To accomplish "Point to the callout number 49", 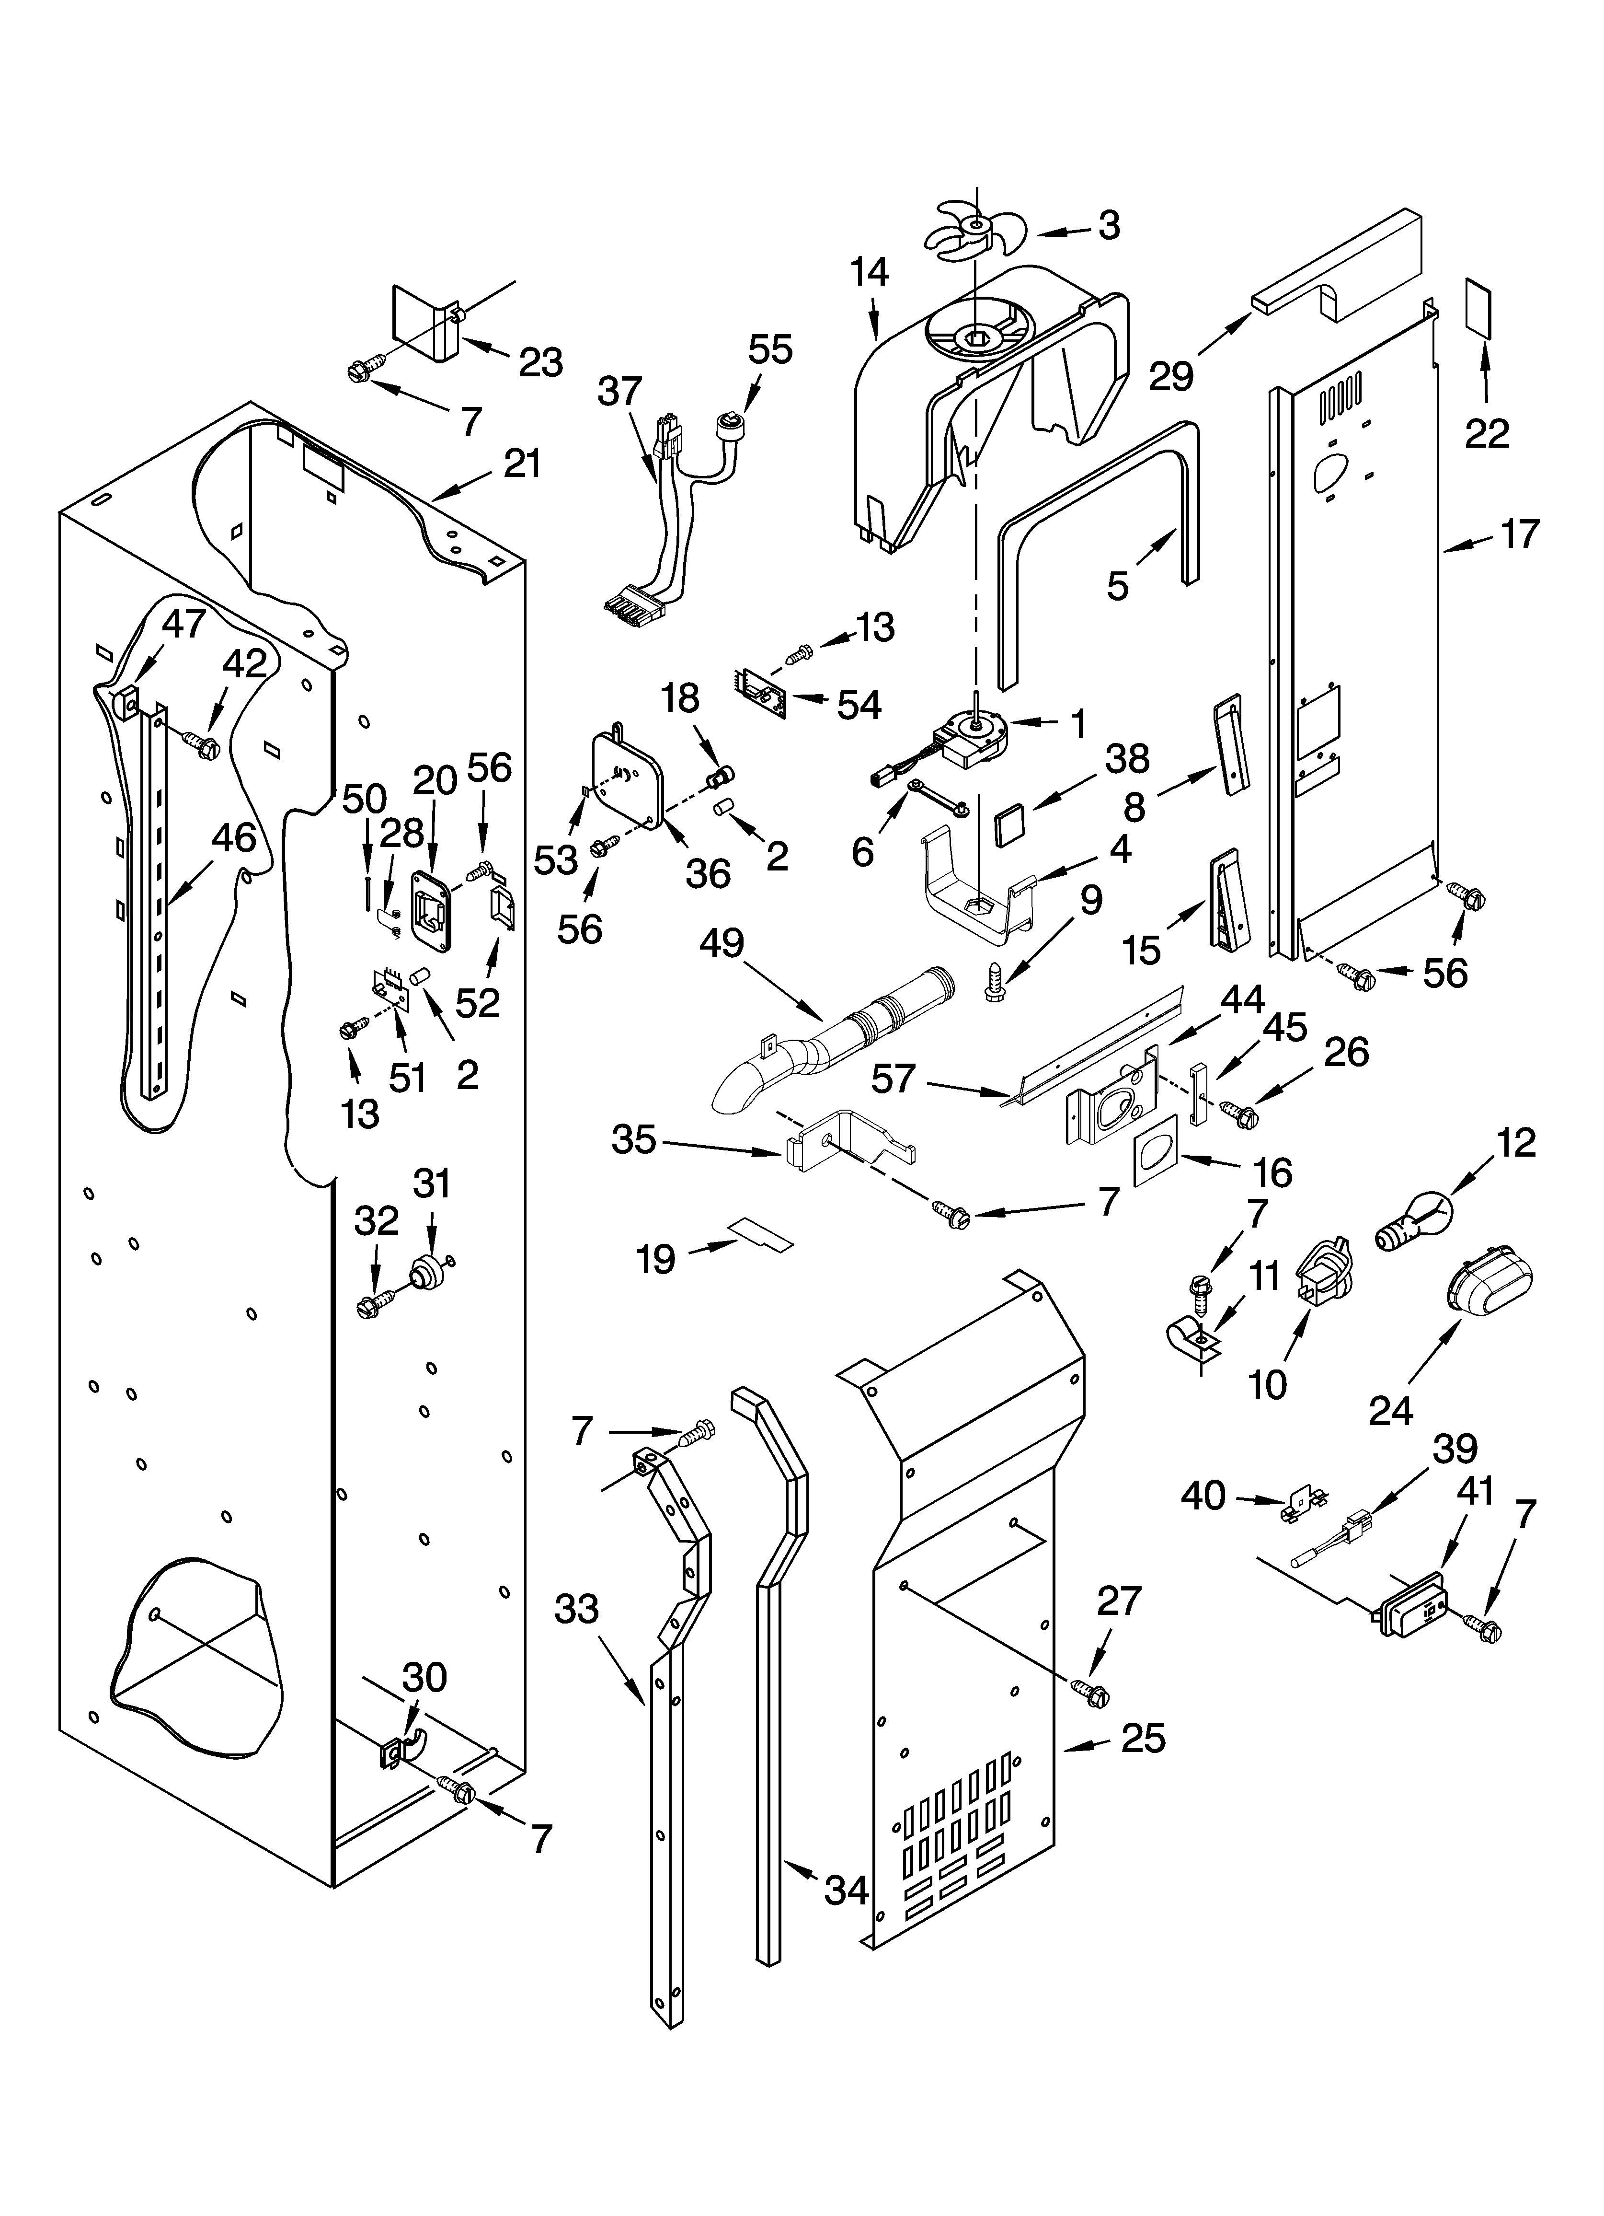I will (722, 944).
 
